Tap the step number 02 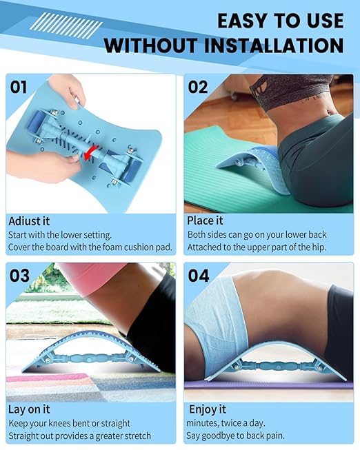pyautogui.click(x=199, y=88)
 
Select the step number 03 pyautogui.click(x=20, y=276)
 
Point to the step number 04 pyautogui.click(x=199, y=276)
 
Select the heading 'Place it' pyautogui.click(x=206, y=221)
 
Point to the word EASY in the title pyautogui.click(x=241, y=21)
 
